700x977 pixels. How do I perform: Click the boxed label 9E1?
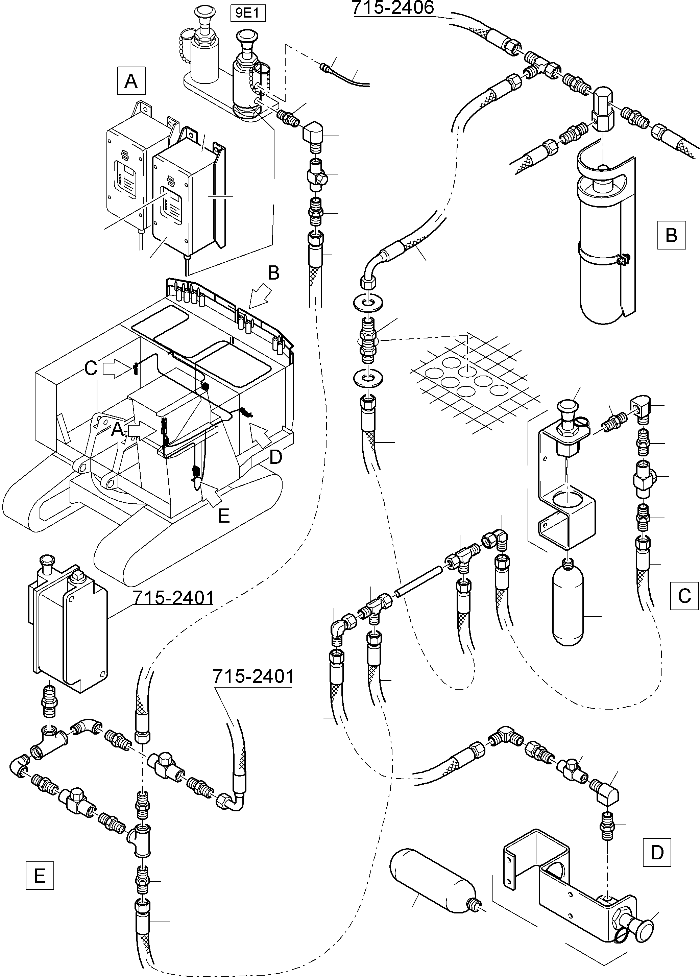click(248, 14)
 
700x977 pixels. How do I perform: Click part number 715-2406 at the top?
click(393, 7)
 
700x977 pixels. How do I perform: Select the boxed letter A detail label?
click(131, 80)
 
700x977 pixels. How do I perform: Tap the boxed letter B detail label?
click(671, 235)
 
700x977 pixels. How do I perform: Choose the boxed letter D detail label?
click(656, 852)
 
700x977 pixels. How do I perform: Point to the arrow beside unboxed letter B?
click(260, 299)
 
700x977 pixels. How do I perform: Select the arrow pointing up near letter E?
click(211, 493)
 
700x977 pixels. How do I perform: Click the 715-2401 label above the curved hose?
click(253, 676)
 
